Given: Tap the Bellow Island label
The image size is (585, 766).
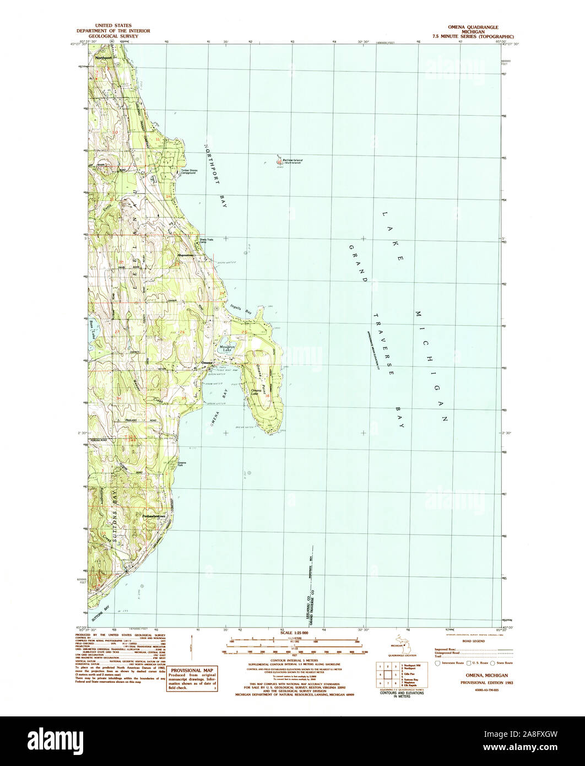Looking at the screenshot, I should [292, 160].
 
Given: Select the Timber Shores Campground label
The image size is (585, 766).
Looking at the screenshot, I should [189, 171].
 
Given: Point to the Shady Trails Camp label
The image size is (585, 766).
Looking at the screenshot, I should [199, 248].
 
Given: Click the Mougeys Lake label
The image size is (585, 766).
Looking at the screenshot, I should [227, 348].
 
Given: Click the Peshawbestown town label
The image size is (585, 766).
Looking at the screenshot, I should [154, 516].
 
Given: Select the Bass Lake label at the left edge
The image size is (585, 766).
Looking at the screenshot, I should [93, 329].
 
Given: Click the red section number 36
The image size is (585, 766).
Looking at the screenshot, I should [267, 396].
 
